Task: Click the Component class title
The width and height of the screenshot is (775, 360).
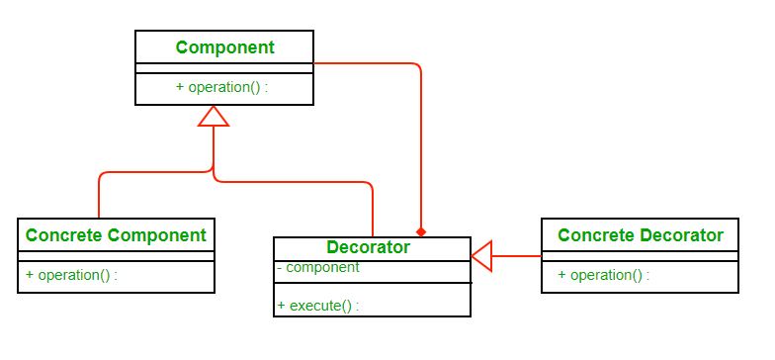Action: coord(224,46)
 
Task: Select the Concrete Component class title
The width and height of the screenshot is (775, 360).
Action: coord(116,234)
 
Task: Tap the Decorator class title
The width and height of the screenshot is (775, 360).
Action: coord(368,247)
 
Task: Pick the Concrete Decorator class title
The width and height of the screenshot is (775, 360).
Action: coord(641,234)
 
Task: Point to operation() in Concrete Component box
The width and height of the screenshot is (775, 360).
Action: coord(72,275)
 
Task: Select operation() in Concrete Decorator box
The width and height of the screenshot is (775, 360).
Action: coord(603,275)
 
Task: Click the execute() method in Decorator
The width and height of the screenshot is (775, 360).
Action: coord(317,306)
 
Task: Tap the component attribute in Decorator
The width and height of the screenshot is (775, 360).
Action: coord(317,267)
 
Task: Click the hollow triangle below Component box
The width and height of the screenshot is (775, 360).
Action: coord(214,117)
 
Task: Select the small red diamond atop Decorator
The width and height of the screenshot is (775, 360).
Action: coord(421,231)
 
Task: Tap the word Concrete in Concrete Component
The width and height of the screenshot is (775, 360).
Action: coord(63,234)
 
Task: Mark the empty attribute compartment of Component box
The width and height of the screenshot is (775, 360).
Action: coord(224,68)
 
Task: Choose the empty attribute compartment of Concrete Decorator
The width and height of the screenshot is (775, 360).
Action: coord(641,256)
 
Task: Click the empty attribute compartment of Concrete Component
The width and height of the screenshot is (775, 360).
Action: coord(116,256)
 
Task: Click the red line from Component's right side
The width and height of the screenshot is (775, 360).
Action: coord(366,63)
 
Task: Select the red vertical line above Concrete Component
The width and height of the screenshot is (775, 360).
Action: coord(99,198)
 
